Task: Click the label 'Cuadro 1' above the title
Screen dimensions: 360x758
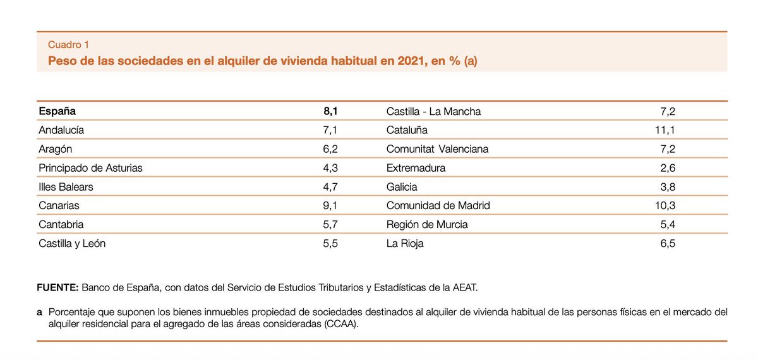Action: point(68,45)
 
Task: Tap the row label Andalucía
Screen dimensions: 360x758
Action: point(61,130)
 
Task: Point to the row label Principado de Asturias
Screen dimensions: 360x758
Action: point(90,168)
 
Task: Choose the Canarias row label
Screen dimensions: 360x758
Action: point(59,205)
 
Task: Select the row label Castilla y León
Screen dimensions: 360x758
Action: point(72,243)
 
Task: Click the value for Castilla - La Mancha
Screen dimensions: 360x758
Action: point(668,112)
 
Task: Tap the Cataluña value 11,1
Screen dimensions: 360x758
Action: point(666,130)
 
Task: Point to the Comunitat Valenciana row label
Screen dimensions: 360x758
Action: point(437,149)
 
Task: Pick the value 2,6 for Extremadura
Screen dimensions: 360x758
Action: point(668,168)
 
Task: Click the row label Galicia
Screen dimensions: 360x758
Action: point(402,187)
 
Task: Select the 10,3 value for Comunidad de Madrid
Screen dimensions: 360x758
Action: point(666,205)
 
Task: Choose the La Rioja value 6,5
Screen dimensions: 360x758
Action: point(668,243)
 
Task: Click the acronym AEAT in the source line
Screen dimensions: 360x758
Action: point(466,288)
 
